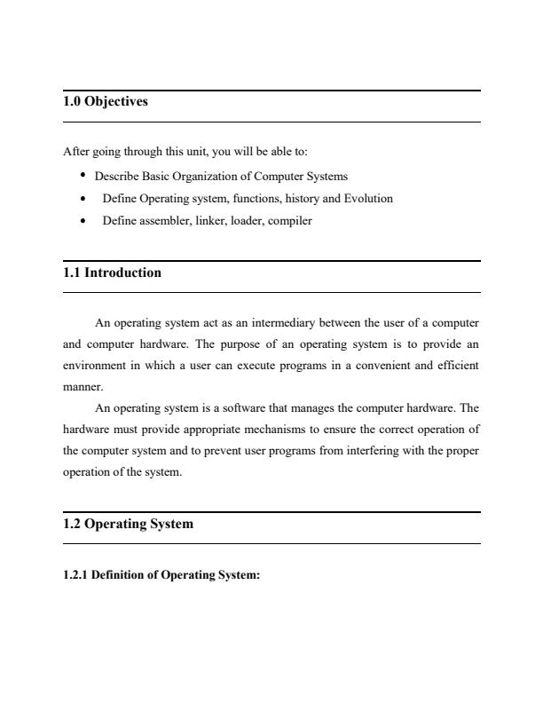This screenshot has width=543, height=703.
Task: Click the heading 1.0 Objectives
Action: click(x=106, y=102)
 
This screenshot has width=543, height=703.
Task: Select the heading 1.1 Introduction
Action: click(x=112, y=273)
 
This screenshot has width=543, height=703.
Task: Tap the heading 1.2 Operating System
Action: click(x=128, y=524)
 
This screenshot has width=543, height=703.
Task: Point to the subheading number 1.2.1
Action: click(x=76, y=575)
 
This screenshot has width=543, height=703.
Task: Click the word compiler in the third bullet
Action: click(x=291, y=221)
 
